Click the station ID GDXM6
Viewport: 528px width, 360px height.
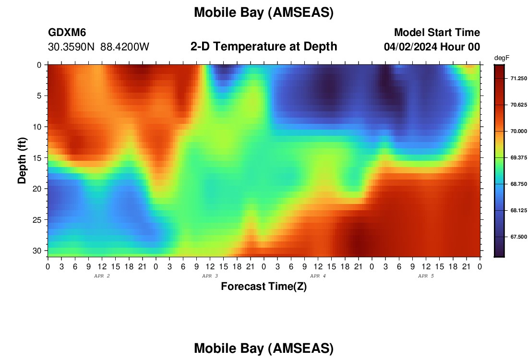click(x=67, y=32)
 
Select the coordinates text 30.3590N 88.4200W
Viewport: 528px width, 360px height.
click(x=98, y=47)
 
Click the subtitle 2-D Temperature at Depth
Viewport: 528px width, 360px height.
click(x=264, y=47)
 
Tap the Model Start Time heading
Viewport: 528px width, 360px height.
click(x=437, y=32)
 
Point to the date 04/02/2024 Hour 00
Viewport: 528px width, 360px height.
click(x=432, y=47)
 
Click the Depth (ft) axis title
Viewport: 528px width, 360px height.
click(x=22, y=160)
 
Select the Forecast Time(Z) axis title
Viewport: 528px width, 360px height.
click(x=264, y=286)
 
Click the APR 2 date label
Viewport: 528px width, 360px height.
click(x=102, y=276)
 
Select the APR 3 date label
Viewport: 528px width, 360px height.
click(x=210, y=276)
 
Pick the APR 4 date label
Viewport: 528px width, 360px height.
click(x=318, y=276)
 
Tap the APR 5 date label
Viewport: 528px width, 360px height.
click(x=426, y=276)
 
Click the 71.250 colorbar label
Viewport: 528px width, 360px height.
click(x=518, y=78)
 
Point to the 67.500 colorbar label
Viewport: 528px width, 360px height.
click(x=518, y=237)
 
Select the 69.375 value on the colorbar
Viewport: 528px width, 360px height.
click(x=518, y=158)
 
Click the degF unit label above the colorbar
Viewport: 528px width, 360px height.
click(x=502, y=58)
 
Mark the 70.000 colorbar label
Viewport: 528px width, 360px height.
click(x=518, y=132)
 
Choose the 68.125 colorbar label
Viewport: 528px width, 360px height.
click(x=518, y=210)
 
